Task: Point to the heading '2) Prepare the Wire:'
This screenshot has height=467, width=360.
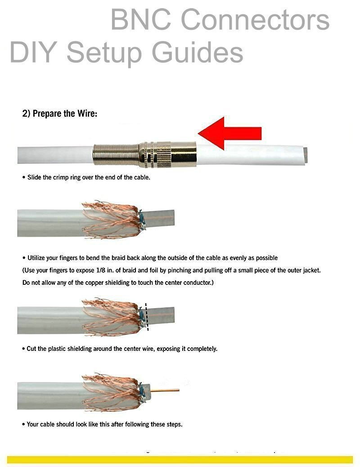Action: tap(59, 113)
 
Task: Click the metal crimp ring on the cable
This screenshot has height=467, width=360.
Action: tap(167, 154)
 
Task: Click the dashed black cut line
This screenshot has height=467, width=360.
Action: tap(147, 317)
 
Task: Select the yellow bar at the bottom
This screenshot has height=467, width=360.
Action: tap(180, 459)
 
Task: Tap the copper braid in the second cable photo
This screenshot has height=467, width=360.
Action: tap(112, 219)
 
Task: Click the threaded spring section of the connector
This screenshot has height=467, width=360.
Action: tap(116, 154)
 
